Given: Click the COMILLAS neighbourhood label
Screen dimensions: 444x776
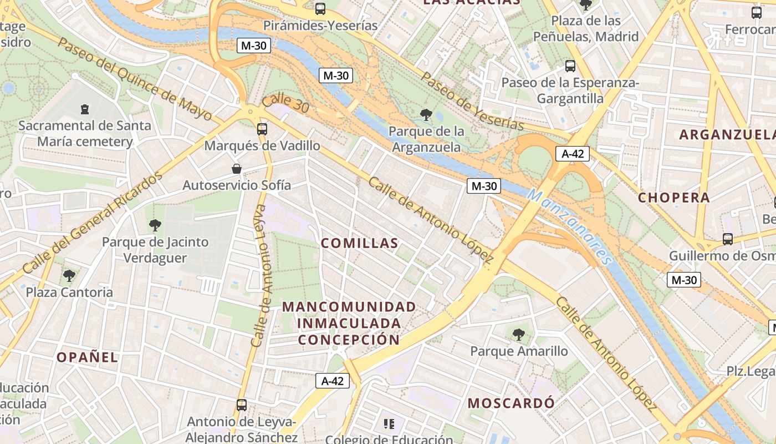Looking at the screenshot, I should (360, 243).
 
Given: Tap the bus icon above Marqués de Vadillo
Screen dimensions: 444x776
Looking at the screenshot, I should (262, 129).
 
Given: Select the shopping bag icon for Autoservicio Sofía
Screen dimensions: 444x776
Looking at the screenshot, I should (237, 169).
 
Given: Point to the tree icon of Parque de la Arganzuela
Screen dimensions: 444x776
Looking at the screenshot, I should (426, 115).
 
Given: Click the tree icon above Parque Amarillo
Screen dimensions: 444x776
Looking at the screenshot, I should (519, 335).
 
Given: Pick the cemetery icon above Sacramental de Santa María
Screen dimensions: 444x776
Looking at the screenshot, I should (85, 109).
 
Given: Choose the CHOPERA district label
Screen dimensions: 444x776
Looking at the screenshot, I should (673, 198).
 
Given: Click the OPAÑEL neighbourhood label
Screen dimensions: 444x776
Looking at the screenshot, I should (88, 357).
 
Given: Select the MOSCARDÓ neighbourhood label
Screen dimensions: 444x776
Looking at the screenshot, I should (510, 403).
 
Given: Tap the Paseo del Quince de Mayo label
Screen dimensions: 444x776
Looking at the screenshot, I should (135, 78).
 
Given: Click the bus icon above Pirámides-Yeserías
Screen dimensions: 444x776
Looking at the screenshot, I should (320, 9).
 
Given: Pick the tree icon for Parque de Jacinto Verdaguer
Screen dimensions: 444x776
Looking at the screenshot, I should (155, 225).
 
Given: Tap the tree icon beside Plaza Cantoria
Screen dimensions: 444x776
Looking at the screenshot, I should (69, 275).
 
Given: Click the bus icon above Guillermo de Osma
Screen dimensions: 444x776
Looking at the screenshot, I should (728, 239).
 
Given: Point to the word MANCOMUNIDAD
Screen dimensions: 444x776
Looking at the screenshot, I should (349, 307).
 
